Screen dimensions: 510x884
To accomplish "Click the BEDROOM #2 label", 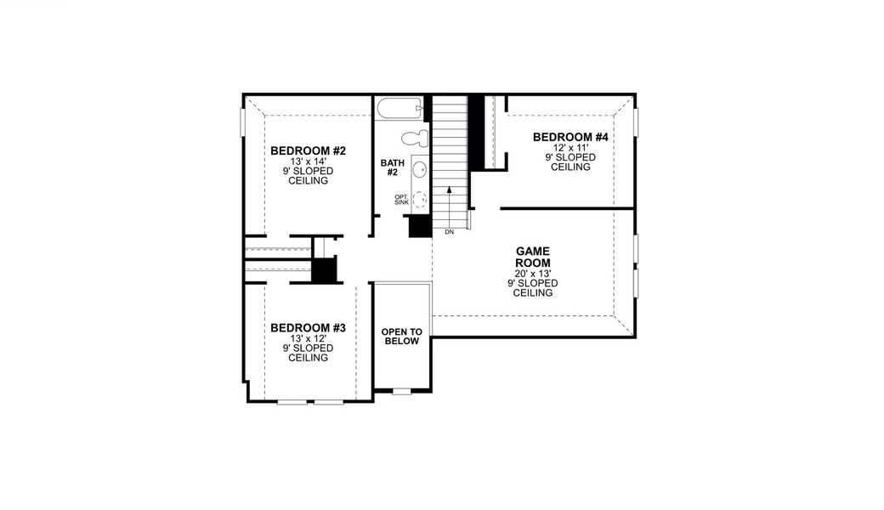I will (x=308, y=151).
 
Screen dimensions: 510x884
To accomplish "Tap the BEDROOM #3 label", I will (x=308, y=328).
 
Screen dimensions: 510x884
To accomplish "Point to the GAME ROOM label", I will (x=533, y=258).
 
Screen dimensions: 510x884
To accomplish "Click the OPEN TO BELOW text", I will (x=402, y=337).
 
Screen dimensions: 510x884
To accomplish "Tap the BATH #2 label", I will (x=393, y=167).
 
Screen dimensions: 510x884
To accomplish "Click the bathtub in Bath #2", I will (x=399, y=110).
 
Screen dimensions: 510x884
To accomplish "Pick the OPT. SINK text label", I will (x=402, y=200).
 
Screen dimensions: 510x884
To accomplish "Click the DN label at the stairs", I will (x=450, y=231).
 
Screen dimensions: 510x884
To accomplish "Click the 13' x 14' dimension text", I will (x=308, y=161).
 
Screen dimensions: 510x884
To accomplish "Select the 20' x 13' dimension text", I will (x=533, y=274).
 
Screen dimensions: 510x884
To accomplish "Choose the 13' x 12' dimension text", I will (x=308, y=338).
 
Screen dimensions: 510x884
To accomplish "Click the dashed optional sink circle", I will (x=420, y=201).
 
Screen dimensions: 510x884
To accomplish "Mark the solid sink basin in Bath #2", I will (x=420, y=170).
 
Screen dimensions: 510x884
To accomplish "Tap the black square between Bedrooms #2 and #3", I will (x=325, y=270).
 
